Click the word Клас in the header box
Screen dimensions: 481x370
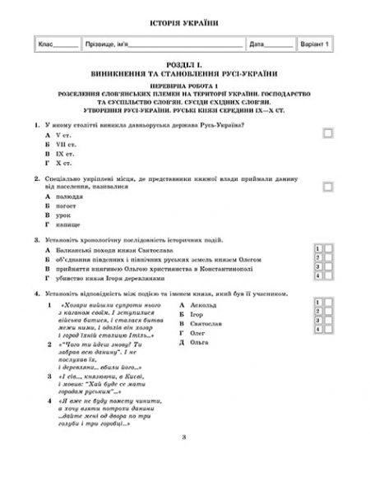point(47,44)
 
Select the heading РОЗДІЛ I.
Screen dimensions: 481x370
point(185,66)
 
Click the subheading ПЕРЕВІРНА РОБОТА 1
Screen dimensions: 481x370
point(185,85)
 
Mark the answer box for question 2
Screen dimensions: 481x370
point(328,187)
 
